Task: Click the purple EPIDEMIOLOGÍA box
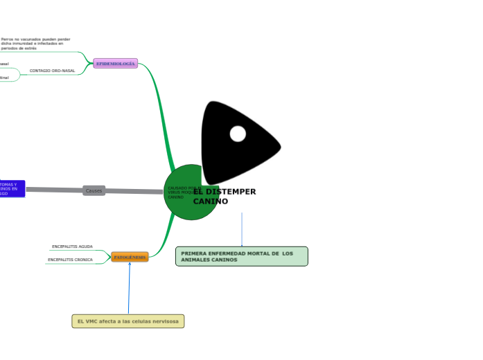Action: pyautogui.click(x=116, y=64)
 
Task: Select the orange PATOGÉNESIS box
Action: pyautogui.click(x=130, y=257)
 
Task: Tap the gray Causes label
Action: pyautogui.click(x=94, y=190)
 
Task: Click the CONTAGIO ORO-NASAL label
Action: pyautogui.click(x=52, y=71)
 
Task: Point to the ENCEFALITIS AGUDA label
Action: pyautogui.click(x=72, y=246)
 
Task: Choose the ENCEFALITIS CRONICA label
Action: pyautogui.click(x=70, y=260)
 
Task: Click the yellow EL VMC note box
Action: pyautogui.click(x=128, y=321)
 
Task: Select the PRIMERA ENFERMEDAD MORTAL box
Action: pyautogui.click(x=241, y=256)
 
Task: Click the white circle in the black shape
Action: pyautogui.click(x=238, y=134)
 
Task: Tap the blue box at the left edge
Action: pyautogui.click(x=12, y=188)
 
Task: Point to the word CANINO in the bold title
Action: pyautogui.click(x=210, y=201)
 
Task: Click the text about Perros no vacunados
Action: pyautogui.click(x=35, y=44)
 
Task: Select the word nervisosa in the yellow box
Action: pyautogui.click(x=164, y=321)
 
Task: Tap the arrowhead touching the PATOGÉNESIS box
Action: pyautogui.click(x=130, y=264)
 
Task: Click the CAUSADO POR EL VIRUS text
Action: pyautogui.click(x=183, y=192)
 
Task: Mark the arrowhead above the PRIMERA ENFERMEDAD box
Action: pyautogui.click(x=242, y=245)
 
